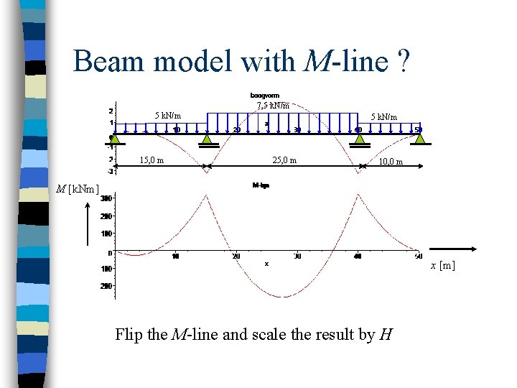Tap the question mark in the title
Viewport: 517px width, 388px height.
point(403,62)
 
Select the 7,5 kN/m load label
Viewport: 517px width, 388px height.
point(273,106)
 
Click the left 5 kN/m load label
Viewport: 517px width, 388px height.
point(168,115)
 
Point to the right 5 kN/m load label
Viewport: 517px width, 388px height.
point(383,116)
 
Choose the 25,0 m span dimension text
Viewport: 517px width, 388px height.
point(284,160)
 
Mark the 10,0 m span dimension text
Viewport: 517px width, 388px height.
point(391,162)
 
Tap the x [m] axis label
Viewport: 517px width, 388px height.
point(442,266)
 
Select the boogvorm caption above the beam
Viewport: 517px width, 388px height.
point(265,95)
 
